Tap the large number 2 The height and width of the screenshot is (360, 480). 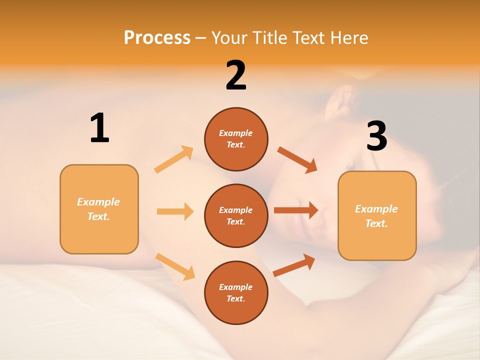pos(236,75)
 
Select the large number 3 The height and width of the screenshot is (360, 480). pos(377,136)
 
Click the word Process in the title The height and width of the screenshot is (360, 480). pos(157,37)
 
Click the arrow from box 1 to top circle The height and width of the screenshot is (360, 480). pos(174,159)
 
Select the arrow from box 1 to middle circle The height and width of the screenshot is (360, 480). pos(175,211)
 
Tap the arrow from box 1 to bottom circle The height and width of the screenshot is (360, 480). pos(175,266)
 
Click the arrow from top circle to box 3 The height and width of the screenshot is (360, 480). pos(297,159)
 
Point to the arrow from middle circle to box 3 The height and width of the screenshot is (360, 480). pos(296,210)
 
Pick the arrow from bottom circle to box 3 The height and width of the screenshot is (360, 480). pos(294,264)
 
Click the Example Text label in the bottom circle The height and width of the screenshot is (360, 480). pos(236,293)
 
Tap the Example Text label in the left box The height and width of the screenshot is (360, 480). pos(98,209)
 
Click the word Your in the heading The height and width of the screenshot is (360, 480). pos(228,37)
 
